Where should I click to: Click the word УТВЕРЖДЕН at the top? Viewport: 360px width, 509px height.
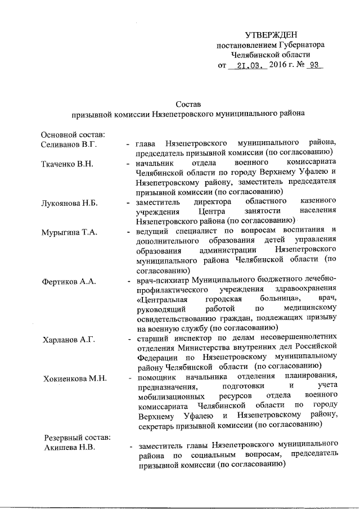click(x=271, y=34)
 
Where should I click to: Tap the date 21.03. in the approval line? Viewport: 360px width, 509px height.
click(x=247, y=65)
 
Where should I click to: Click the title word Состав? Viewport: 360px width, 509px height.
click(x=187, y=104)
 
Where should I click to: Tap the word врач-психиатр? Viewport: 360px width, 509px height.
click(x=161, y=280)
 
